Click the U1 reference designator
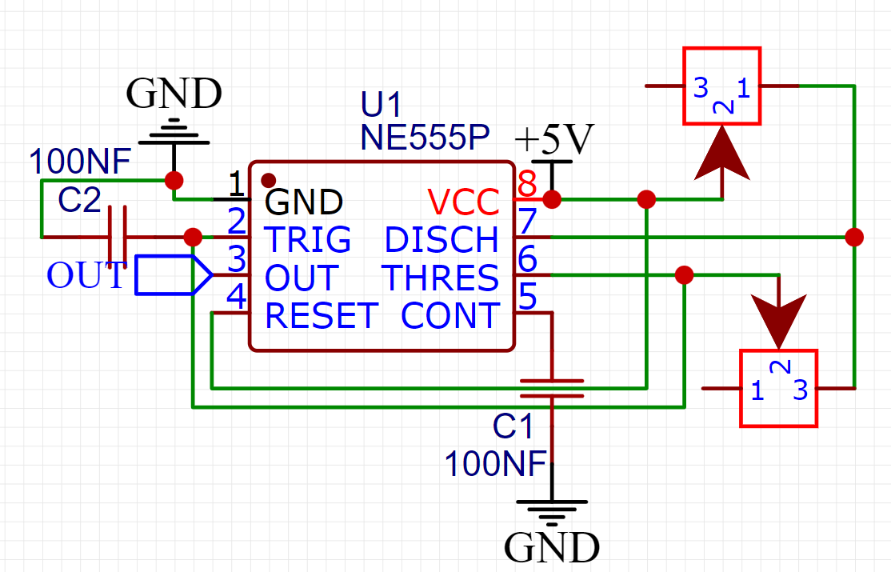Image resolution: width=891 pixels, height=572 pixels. [x=382, y=105]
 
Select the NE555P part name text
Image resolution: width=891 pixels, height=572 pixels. [x=424, y=138]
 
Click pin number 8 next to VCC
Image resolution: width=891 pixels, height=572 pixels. [x=526, y=185]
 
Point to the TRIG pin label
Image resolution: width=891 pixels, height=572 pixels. [x=307, y=240]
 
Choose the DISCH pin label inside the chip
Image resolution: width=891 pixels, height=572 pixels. [x=442, y=240]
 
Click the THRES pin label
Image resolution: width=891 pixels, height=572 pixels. [x=441, y=278]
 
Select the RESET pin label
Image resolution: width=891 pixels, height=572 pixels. [x=322, y=316]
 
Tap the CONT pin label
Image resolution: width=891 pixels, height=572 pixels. [x=450, y=316]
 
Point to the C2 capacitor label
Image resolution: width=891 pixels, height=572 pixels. [x=79, y=201]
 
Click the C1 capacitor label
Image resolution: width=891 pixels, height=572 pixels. [x=513, y=427]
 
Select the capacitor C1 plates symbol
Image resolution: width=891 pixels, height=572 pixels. [x=551, y=389]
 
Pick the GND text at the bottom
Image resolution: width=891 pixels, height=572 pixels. [x=552, y=548]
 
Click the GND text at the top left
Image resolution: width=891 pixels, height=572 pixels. [x=174, y=94]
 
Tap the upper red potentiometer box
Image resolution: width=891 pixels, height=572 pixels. [x=721, y=86]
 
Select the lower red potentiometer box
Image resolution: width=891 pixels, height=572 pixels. [x=778, y=388]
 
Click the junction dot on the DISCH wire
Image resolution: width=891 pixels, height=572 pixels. [x=854, y=237]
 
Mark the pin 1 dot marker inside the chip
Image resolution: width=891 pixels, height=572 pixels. [x=270, y=179]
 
